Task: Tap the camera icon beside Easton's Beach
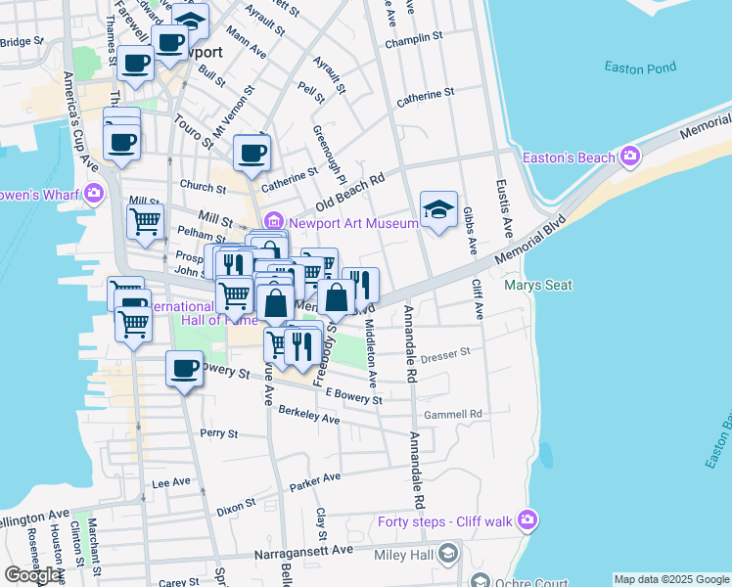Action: (x=629, y=156)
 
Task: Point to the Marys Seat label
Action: (x=537, y=286)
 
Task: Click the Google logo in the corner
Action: (x=32, y=575)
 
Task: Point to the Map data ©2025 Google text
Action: (x=670, y=579)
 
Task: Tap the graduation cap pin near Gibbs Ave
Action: (x=438, y=207)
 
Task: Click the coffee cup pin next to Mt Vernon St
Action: (x=252, y=152)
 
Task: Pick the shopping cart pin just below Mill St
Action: (x=145, y=221)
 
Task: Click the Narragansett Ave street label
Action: (x=303, y=551)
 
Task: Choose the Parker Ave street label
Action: (x=315, y=481)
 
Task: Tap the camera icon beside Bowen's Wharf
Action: (x=94, y=192)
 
